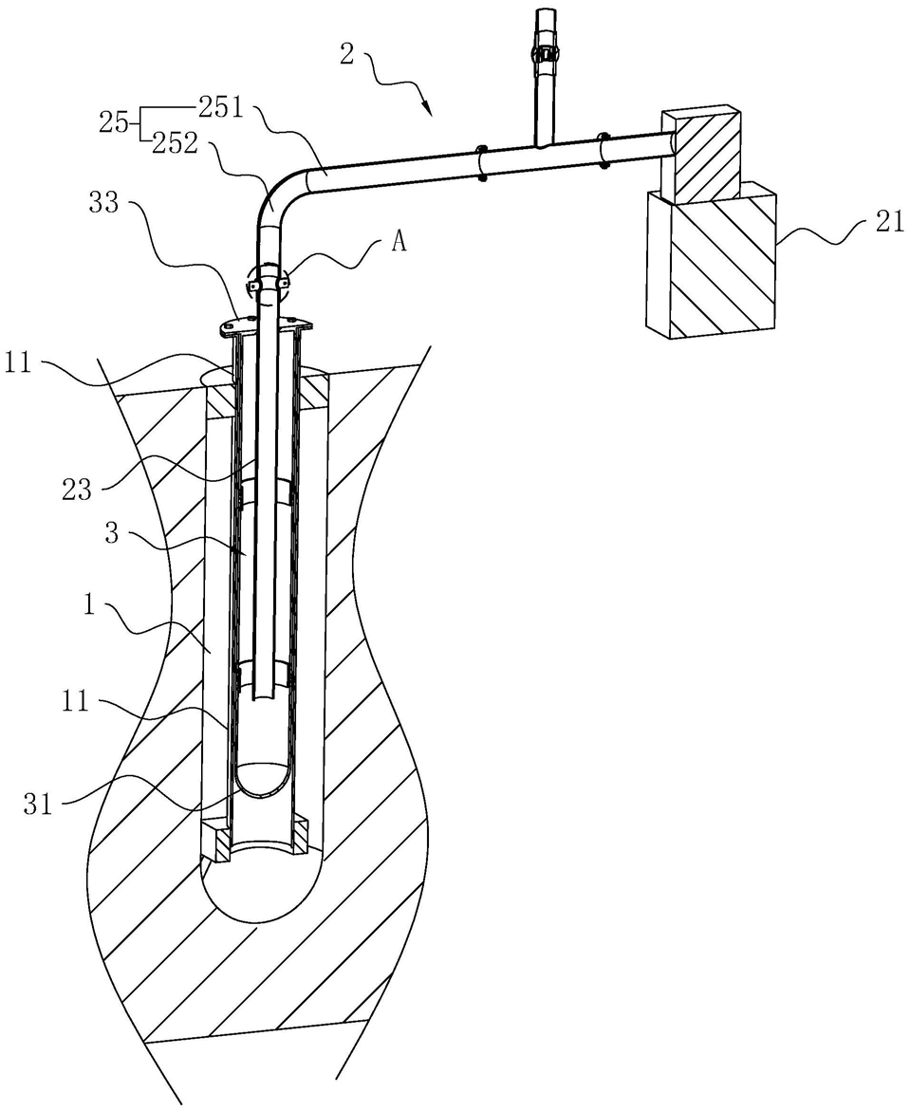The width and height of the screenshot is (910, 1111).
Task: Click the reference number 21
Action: coord(889,222)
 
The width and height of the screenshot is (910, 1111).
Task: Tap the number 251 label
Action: coord(222,108)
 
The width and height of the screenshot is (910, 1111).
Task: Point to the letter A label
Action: coord(399,243)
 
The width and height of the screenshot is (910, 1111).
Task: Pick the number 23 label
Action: coord(77,489)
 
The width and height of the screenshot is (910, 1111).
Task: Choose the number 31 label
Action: coord(39,805)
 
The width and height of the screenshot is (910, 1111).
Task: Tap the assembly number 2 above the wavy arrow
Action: coord(346,54)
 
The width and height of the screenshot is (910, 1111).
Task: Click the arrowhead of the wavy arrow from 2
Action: coord(427,109)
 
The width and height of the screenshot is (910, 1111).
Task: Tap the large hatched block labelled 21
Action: coord(713,259)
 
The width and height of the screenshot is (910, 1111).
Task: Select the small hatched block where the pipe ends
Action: coord(701,152)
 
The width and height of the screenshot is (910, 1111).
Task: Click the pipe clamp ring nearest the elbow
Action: coord(481,162)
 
